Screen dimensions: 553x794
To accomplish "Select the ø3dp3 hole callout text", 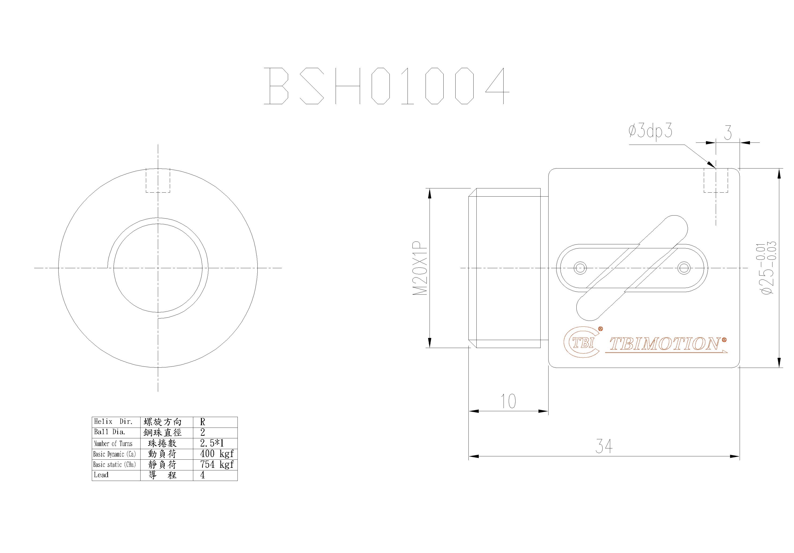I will pyautogui.click(x=650, y=131).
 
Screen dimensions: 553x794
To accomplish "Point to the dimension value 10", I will pyautogui.click(x=508, y=401).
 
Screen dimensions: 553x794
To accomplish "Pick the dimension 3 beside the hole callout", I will pyautogui.click(x=728, y=133).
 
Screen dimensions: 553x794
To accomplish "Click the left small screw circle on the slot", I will pyautogui.click(x=580, y=268).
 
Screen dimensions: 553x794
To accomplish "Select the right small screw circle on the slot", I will pyautogui.click(x=684, y=268).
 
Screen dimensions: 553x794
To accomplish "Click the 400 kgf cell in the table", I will pyautogui.click(x=216, y=454).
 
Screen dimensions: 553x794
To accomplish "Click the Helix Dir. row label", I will pyautogui.click(x=113, y=422).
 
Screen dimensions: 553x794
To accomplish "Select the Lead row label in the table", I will pyautogui.click(x=101, y=475).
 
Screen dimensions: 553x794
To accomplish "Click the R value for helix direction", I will pyautogui.click(x=203, y=422).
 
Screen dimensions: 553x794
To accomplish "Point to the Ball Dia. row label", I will pyautogui.click(x=110, y=432).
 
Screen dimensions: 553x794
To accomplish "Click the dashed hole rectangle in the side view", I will pyautogui.click(x=716, y=180).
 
